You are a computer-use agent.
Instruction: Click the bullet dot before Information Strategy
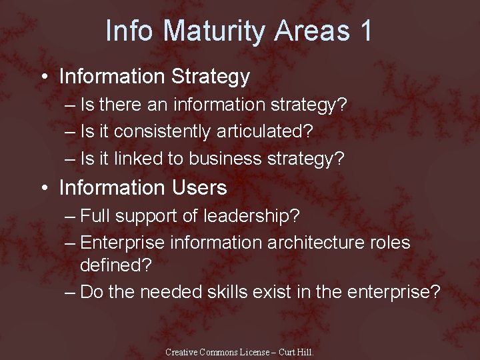point(43,77)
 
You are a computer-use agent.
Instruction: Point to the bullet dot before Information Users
point(43,189)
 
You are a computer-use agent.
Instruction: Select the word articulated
point(261,131)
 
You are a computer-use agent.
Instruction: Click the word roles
point(390,243)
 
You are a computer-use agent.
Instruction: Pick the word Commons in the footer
point(224,351)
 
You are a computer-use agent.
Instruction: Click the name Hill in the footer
point(305,351)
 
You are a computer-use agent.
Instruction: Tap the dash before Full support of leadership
point(71,217)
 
